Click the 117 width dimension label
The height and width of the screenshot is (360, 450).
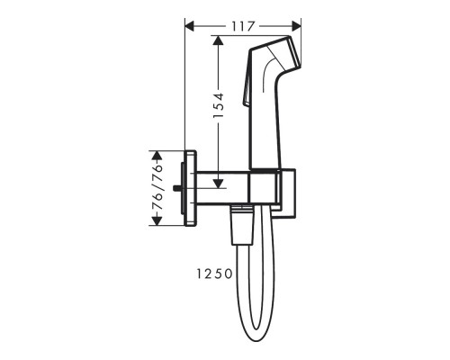pos(243,26)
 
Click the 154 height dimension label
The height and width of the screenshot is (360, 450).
pos(219,105)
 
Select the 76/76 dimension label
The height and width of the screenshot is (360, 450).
pos(157,188)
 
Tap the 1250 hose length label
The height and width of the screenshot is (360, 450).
pos(214,274)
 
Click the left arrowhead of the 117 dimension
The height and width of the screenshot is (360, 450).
pos(190,26)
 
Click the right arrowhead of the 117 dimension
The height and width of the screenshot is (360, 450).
pos(296,26)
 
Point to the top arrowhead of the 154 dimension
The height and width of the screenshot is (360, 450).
pos(218,40)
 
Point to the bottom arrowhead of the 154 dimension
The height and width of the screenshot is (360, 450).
pos(219,183)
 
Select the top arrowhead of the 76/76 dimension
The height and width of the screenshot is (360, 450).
pos(157,156)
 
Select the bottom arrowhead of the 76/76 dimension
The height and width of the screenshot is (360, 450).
pos(157,220)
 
